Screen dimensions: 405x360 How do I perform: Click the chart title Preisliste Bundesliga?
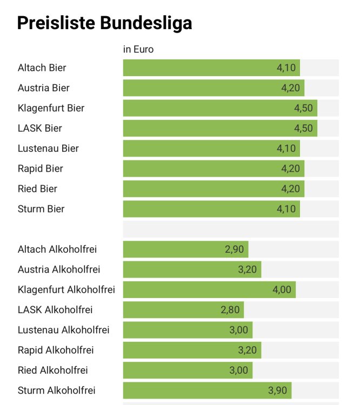pyautogui.click(x=105, y=23)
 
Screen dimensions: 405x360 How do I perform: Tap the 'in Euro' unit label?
pyautogui.click(x=138, y=50)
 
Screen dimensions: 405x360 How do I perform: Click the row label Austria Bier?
pyautogui.click(x=44, y=87)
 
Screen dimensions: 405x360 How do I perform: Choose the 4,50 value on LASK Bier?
pyautogui.click(x=303, y=128)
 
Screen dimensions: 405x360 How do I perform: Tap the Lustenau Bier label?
pyautogui.click(x=48, y=148)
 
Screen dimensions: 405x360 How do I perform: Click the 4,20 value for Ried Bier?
pyautogui.click(x=290, y=188)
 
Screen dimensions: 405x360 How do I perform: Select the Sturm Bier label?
pyautogui.click(x=41, y=209)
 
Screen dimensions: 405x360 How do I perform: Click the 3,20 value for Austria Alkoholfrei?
pyautogui.click(x=247, y=269)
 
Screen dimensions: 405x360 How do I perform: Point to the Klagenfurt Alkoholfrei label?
pyautogui.click(x=66, y=289)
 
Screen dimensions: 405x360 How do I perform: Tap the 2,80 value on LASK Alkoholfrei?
pyautogui.click(x=230, y=310)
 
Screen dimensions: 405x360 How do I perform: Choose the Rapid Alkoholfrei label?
pyautogui.click(x=56, y=350)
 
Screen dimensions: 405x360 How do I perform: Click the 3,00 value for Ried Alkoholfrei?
pyautogui.click(x=238, y=370)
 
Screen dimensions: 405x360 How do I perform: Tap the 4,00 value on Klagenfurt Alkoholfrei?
pyautogui.click(x=282, y=289)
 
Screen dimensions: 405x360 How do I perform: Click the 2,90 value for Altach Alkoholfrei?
pyautogui.click(x=234, y=249)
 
